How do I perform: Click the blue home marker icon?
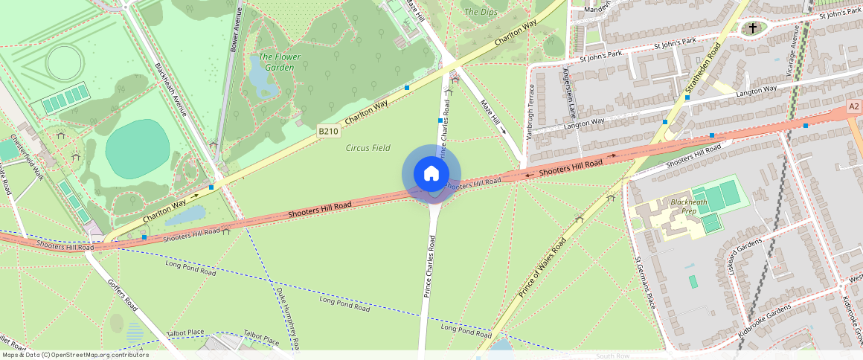tap(431, 174)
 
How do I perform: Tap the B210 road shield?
tap(328, 131)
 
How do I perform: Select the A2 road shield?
tap(854, 109)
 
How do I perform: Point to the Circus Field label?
tap(368, 148)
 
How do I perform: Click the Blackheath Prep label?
tap(683, 206)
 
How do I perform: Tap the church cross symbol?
tap(753, 28)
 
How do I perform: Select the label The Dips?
tap(480, 12)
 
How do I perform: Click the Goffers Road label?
tap(123, 294)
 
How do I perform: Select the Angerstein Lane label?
tap(571, 94)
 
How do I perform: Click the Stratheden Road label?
tap(702, 71)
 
